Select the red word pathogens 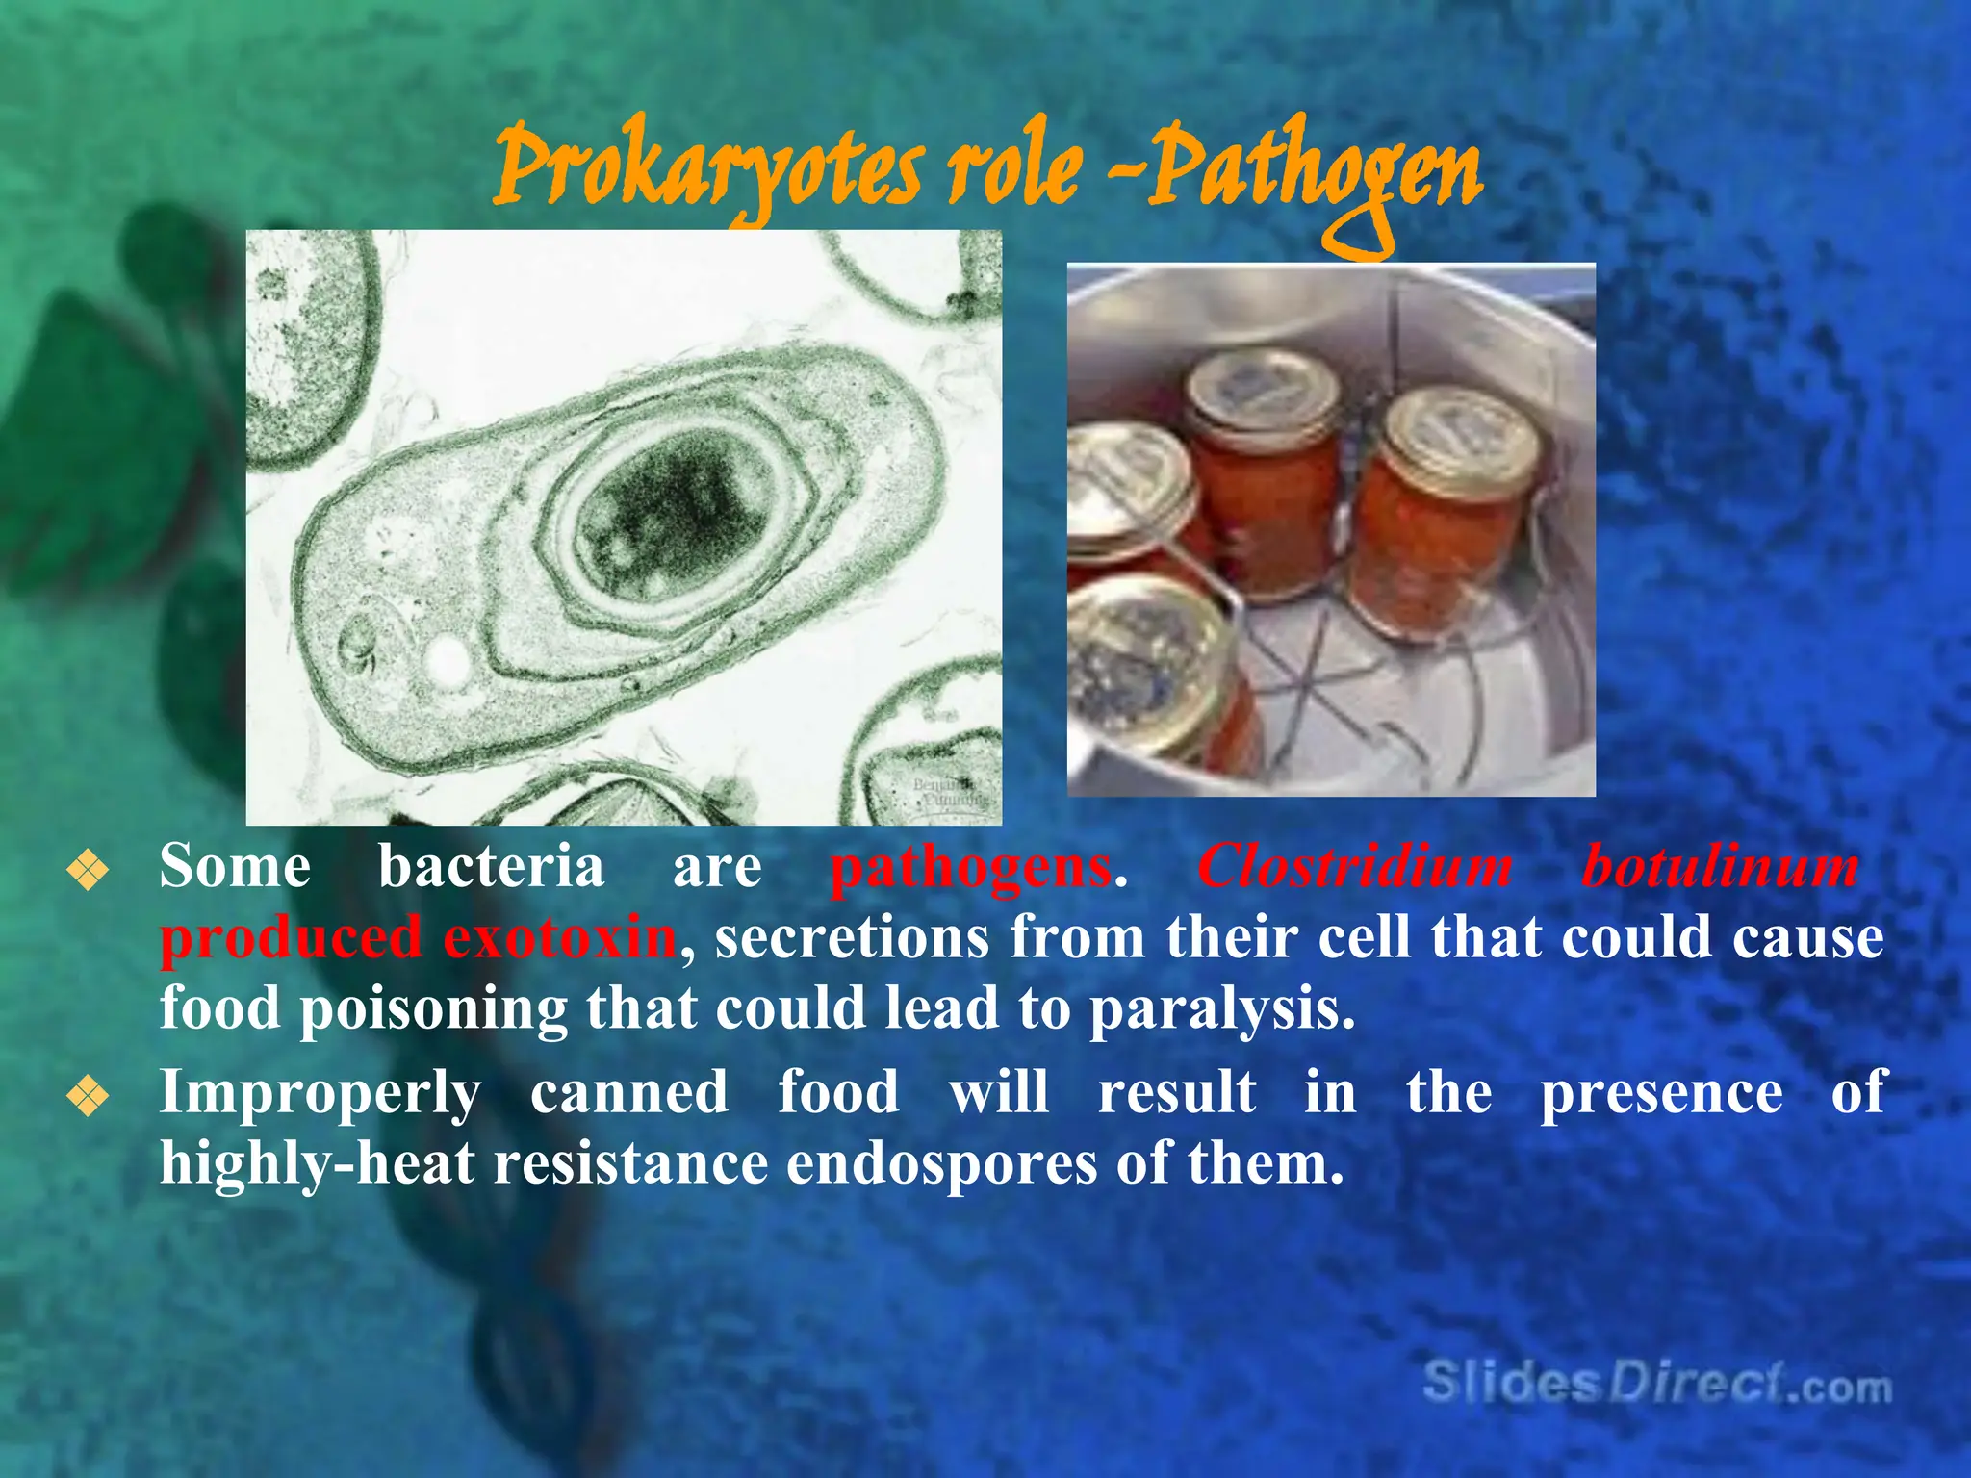[970, 866]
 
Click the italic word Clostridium [1354, 866]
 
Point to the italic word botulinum [1720, 866]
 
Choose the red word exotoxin [560, 937]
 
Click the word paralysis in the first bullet [1221, 1009]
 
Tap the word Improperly [320, 1093]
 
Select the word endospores [941, 1163]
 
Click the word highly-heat [317, 1163]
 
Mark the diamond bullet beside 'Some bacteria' [88, 872]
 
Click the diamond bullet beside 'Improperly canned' [88, 1097]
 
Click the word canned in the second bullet [628, 1093]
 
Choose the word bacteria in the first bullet [491, 866]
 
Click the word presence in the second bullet [1661, 1093]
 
